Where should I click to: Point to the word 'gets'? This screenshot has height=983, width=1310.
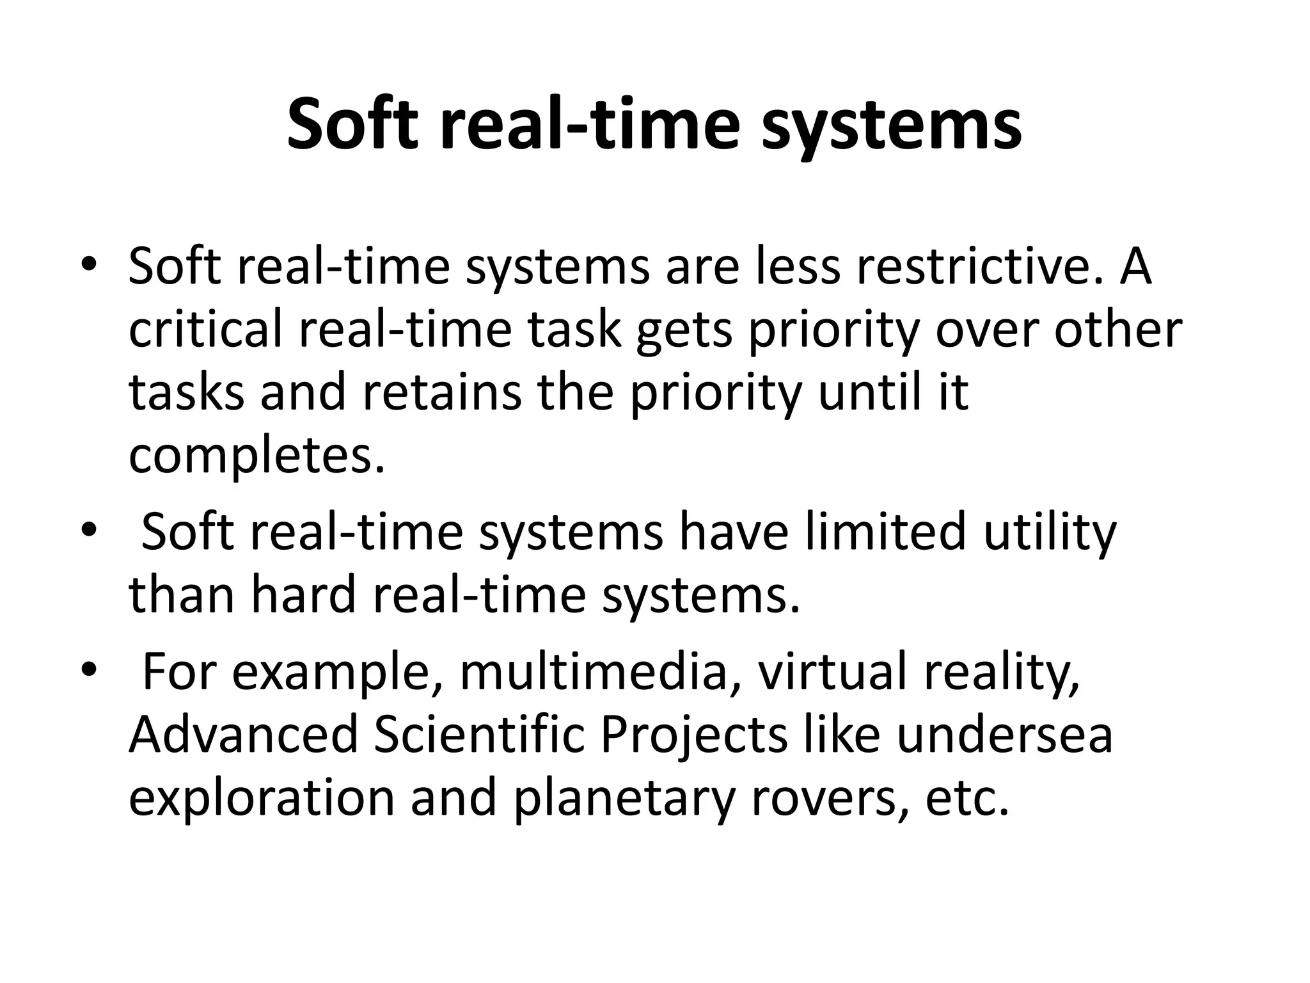tap(684, 332)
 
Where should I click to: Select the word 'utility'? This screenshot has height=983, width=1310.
tap(1049, 532)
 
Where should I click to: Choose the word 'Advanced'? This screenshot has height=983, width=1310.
tap(244, 735)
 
